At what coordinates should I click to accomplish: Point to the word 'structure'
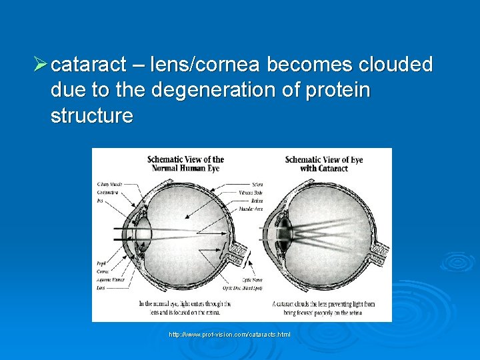(x=91, y=116)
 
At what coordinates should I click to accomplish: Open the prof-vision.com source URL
(x=229, y=333)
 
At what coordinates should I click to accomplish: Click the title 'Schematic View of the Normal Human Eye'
(x=185, y=164)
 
